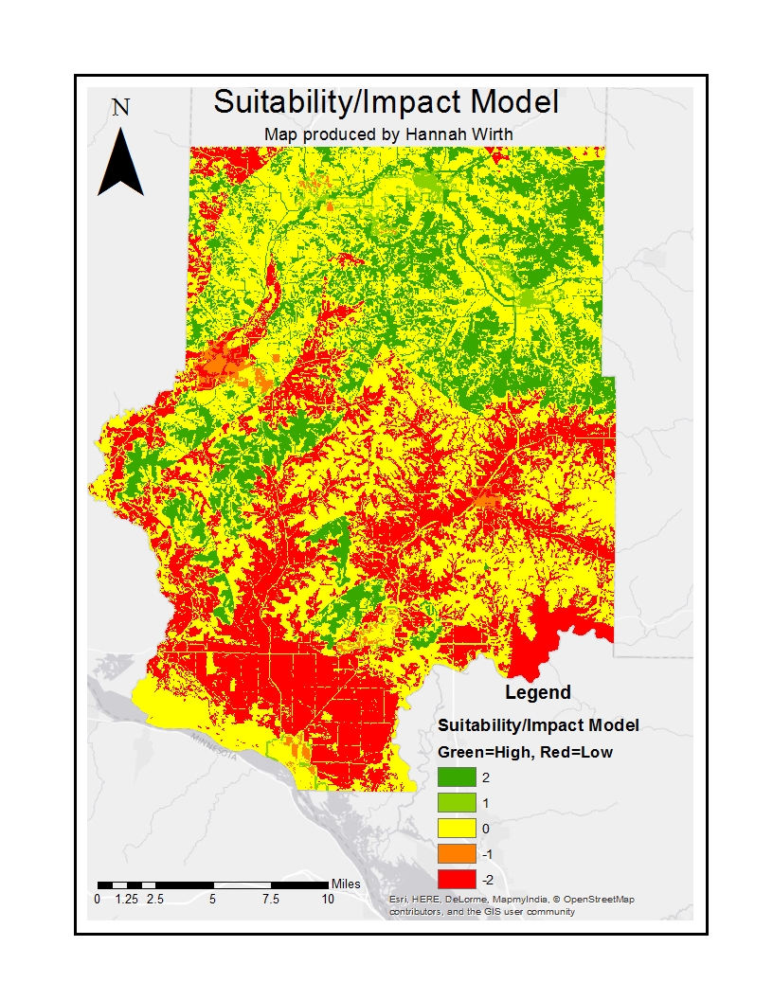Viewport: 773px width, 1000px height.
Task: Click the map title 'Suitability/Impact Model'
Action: pos(386,102)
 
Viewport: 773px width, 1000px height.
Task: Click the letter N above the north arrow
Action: pos(120,107)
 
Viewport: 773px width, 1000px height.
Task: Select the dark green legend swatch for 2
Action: pos(456,777)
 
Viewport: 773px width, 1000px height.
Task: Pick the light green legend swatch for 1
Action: pos(456,803)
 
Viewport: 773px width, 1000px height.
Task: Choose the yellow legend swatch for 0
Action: pos(456,829)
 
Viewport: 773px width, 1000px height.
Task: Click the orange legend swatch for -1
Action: pos(456,854)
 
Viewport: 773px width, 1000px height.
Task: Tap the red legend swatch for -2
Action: pos(456,880)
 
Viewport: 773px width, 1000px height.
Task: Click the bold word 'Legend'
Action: pos(537,692)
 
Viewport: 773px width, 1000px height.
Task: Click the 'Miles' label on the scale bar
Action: pos(346,884)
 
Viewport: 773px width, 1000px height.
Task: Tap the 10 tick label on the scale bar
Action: pos(327,899)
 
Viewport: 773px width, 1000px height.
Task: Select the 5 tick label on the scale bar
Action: pos(212,899)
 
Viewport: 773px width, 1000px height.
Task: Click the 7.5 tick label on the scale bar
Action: pos(270,899)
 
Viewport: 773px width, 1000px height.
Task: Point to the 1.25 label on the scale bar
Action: pos(126,899)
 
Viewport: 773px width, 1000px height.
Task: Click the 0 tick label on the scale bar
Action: pos(97,899)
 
